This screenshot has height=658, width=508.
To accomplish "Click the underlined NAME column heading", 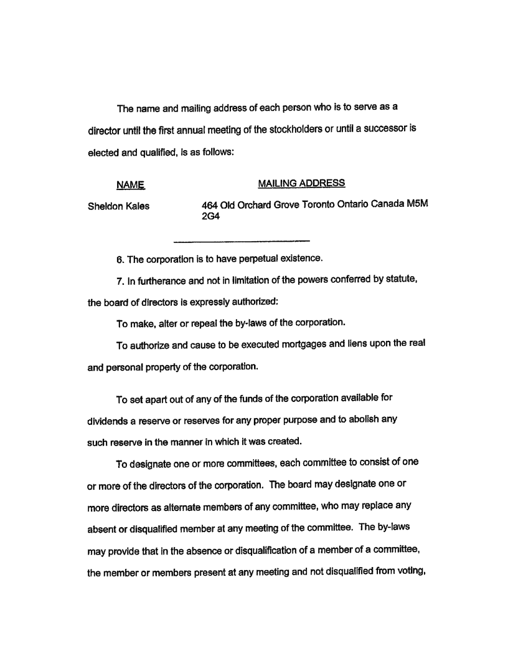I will pyautogui.click(x=130, y=184).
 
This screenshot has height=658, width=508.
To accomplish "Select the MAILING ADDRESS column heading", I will pyautogui.click(x=301, y=183).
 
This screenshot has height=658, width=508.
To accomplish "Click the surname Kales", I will pyautogui.click(x=137, y=207).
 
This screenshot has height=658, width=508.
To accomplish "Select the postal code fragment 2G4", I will pyautogui.click(x=211, y=217).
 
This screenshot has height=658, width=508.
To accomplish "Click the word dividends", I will pyautogui.click(x=109, y=420).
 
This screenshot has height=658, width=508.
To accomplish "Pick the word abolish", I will pyautogui.click(x=363, y=420).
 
